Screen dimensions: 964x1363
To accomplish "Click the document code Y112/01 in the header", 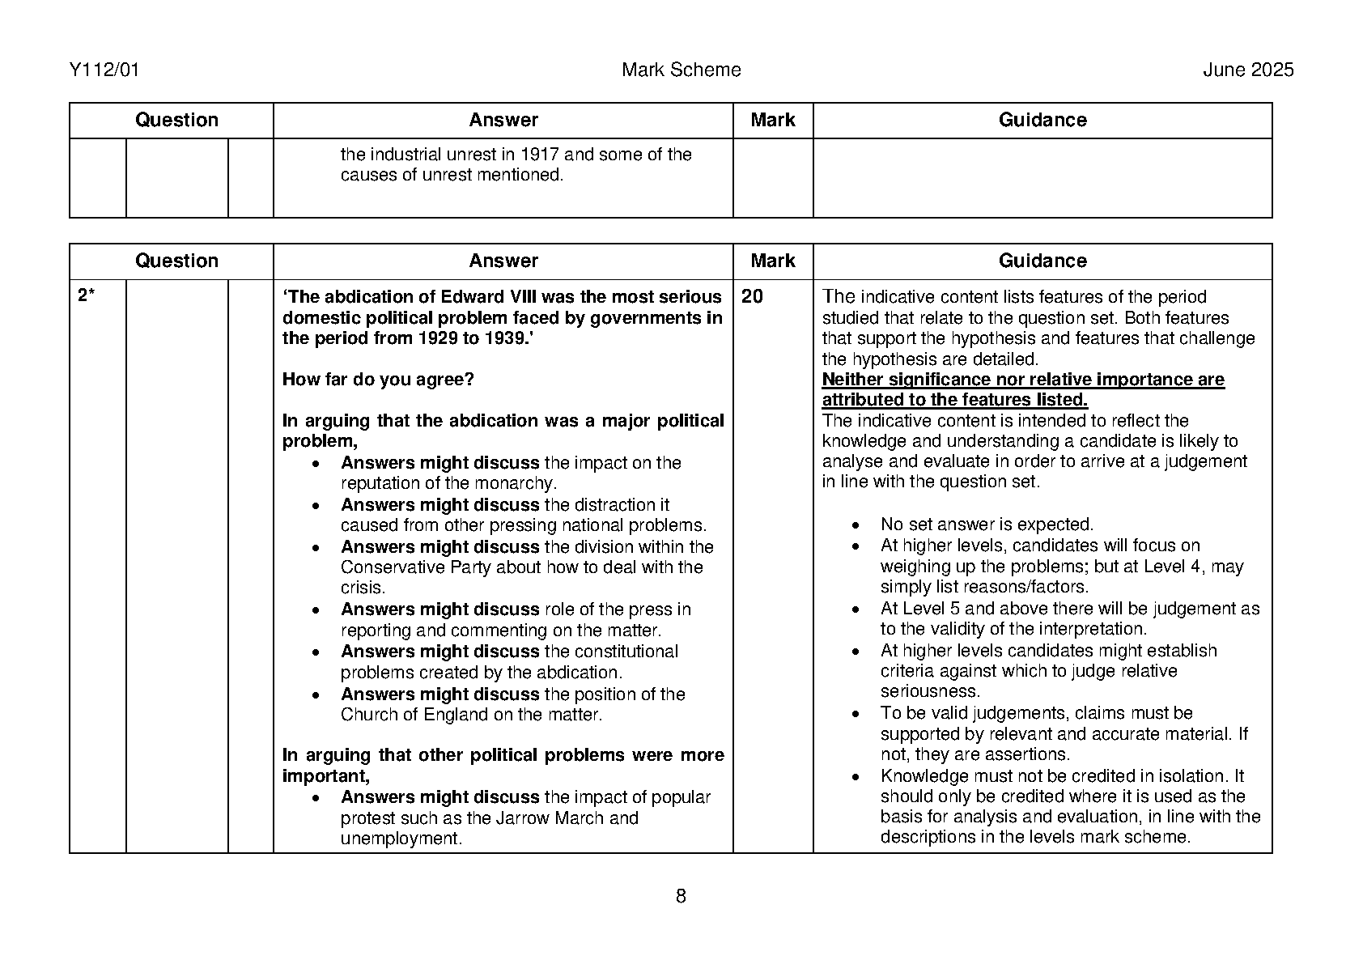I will coord(104,70).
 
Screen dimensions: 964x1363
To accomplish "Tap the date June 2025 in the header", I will coord(1248,70).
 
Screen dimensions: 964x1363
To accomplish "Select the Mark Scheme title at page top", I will coord(681,70).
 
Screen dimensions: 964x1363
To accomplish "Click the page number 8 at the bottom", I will coord(681,896).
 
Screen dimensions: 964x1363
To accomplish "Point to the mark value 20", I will coord(752,297).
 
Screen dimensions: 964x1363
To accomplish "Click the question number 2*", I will coord(86,297).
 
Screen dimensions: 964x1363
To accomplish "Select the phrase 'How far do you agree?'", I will coord(378,380).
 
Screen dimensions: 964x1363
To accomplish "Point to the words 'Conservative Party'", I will coord(415,567).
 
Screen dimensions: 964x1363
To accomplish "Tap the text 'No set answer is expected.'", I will coord(987,524).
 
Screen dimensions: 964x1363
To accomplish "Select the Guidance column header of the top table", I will coord(1042,121).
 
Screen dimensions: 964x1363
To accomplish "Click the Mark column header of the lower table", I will coord(772,261).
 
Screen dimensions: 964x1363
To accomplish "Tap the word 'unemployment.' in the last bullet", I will coord(401,839).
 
